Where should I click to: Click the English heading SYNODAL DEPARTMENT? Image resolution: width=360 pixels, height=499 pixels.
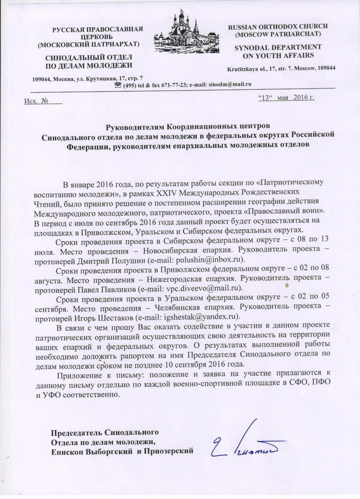point(276,47)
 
